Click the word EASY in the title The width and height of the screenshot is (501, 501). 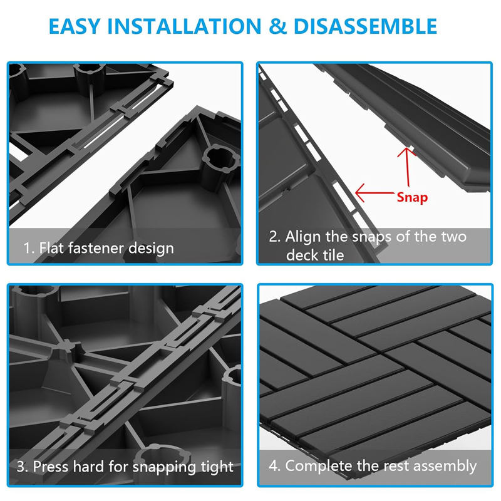click(75, 26)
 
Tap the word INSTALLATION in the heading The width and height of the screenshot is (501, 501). click(184, 26)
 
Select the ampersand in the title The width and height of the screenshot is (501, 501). click(277, 26)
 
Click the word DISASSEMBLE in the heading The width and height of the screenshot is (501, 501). click(365, 26)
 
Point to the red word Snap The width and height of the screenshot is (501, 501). click(412, 197)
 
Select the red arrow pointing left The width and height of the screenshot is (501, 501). click(374, 193)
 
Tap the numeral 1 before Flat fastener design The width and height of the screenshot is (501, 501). click(27, 248)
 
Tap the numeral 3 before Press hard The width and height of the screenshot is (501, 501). click(21, 467)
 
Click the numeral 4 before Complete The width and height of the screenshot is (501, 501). click(273, 465)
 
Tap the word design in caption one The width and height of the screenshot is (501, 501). click(151, 249)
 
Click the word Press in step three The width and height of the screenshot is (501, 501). click(51, 467)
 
